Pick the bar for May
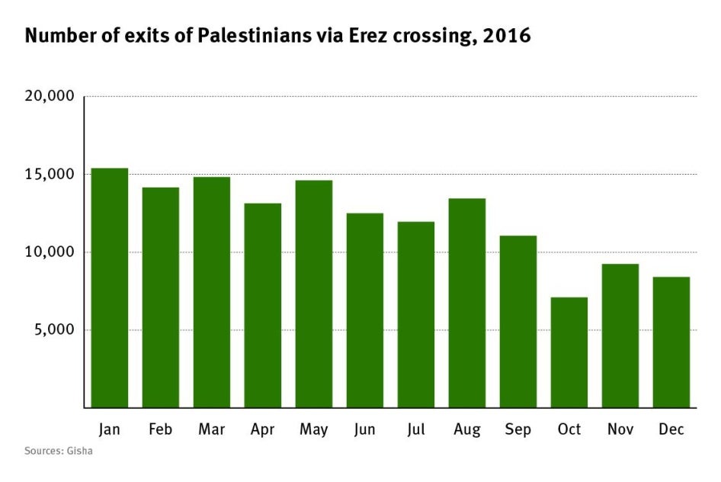click(x=314, y=294)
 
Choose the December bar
click(x=671, y=342)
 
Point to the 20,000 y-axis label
click(x=50, y=97)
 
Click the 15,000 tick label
click(x=50, y=175)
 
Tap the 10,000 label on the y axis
click(x=50, y=252)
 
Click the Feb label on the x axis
click(x=161, y=430)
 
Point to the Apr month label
click(x=263, y=430)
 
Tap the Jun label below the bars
click(x=365, y=430)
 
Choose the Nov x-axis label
click(x=620, y=430)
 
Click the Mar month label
click(x=212, y=430)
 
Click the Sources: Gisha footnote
click(x=59, y=451)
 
